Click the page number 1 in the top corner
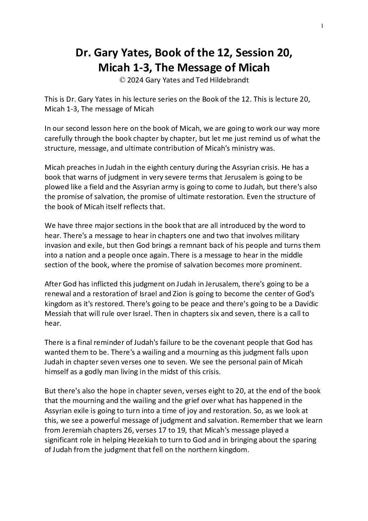[x=322, y=25]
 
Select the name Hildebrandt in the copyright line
[x=229, y=80]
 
